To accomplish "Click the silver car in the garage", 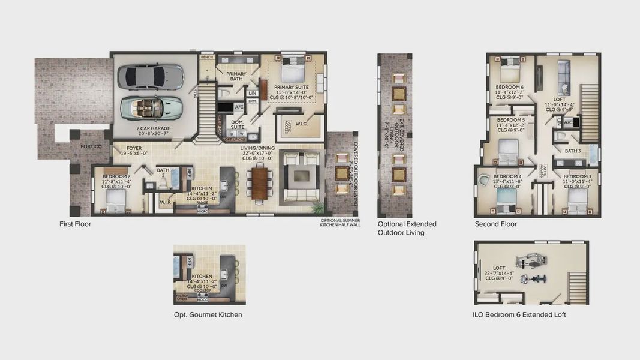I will click(150, 77).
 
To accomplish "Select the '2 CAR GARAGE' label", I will click(153, 128).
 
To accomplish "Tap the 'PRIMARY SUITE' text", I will click(293, 87).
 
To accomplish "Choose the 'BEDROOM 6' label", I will click(509, 87).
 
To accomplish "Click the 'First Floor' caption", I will click(75, 224).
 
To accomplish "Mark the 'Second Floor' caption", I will click(495, 224).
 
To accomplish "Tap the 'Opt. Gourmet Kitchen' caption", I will click(208, 314).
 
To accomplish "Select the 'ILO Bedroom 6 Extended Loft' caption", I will click(519, 314).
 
